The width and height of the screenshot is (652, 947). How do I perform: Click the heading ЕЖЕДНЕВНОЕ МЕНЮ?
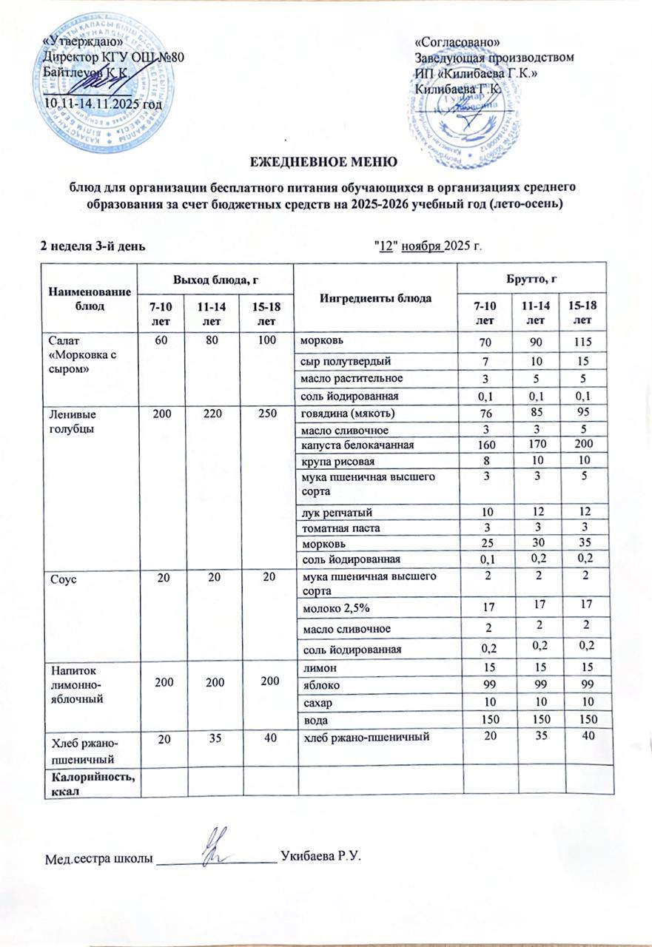322,161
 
